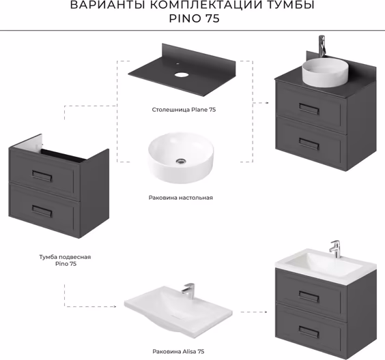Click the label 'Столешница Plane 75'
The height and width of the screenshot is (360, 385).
(x=184, y=110)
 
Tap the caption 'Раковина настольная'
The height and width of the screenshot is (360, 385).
(x=181, y=198)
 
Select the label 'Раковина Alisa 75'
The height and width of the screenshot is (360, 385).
(x=178, y=351)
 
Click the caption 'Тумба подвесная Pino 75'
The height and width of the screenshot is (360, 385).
(x=65, y=260)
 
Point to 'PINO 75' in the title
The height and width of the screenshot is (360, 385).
(x=195, y=18)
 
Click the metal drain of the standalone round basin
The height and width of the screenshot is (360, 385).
(x=181, y=161)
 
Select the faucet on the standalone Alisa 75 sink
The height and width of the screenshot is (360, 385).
(x=188, y=291)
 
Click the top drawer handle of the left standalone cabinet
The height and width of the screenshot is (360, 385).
(x=42, y=175)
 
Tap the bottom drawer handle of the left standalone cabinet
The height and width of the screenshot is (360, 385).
(x=42, y=211)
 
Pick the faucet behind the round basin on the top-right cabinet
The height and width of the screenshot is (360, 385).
(x=322, y=46)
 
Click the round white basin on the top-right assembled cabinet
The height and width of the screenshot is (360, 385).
(x=325, y=72)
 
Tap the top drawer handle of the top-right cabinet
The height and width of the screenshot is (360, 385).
(x=309, y=109)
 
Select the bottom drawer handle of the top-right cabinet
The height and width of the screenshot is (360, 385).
(x=309, y=144)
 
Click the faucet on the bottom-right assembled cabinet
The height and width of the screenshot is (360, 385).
(x=335, y=249)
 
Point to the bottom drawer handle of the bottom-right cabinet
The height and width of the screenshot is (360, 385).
(x=309, y=332)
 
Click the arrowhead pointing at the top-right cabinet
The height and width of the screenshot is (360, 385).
(x=267, y=103)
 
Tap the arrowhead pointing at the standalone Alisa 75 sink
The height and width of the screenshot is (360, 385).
(x=115, y=306)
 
